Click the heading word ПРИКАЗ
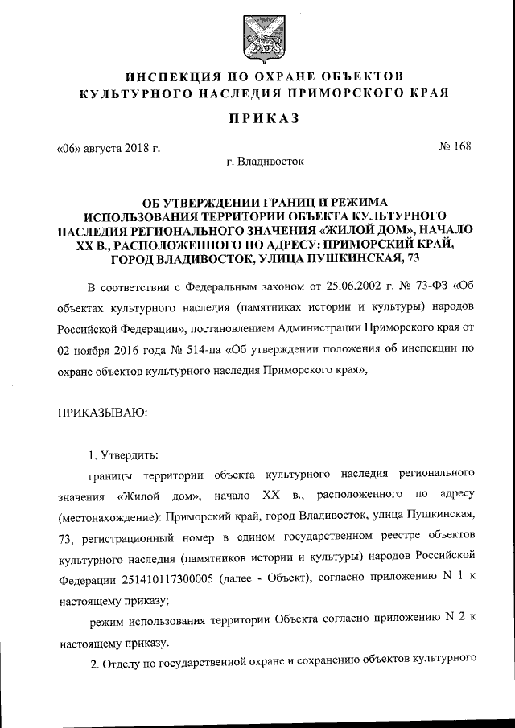[257, 119]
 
